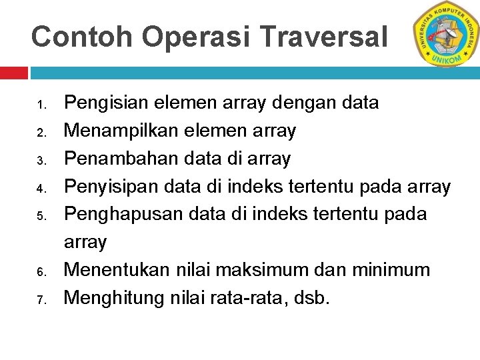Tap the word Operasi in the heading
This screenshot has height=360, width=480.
[193, 37]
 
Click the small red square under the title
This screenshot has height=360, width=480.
[13, 72]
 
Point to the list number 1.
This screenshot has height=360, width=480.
[41, 105]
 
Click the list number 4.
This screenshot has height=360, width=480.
[41, 189]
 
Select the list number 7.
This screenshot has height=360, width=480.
[41, 300]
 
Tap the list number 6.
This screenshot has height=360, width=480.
[41, 272]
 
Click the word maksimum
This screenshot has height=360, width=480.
[273, 270]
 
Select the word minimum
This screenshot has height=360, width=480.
[393, 270]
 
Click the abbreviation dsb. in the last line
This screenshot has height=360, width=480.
[311, 298]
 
